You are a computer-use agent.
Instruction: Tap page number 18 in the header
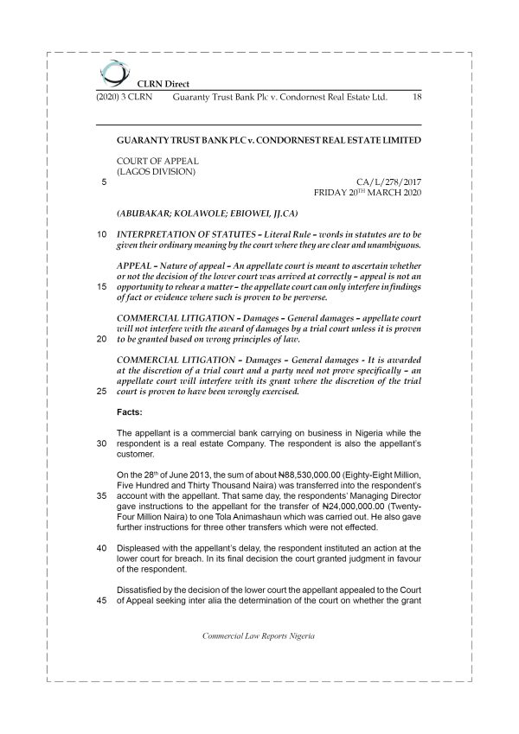click(417, 98)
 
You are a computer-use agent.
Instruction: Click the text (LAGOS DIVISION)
click(156, 171)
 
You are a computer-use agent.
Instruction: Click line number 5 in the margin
click(104, 182)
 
